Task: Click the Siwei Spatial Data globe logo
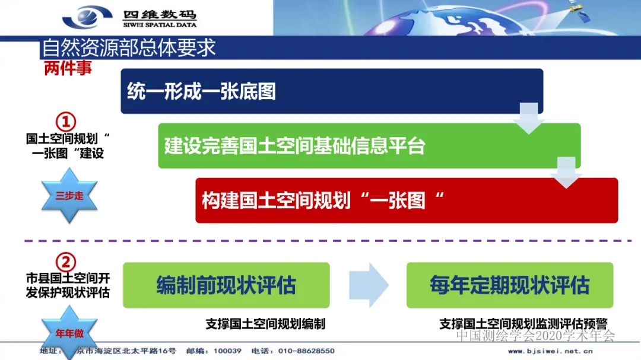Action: pos(87,17)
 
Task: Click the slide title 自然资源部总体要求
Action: pos(129,47)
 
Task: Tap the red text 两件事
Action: pos(68,68)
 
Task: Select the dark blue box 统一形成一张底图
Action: pos(332,91)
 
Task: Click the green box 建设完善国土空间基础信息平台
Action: pos(369,146)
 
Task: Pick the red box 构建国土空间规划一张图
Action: pos(407,200)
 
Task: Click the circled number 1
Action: pos(66,122)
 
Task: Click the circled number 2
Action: pos(66,262)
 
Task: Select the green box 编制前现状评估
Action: pos(226,285)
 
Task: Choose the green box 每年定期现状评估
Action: pos(510,285)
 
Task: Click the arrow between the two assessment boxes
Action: pos(368,285)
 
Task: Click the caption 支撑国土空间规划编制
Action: pos(265,324)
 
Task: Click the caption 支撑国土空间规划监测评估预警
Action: pos(523,324)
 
